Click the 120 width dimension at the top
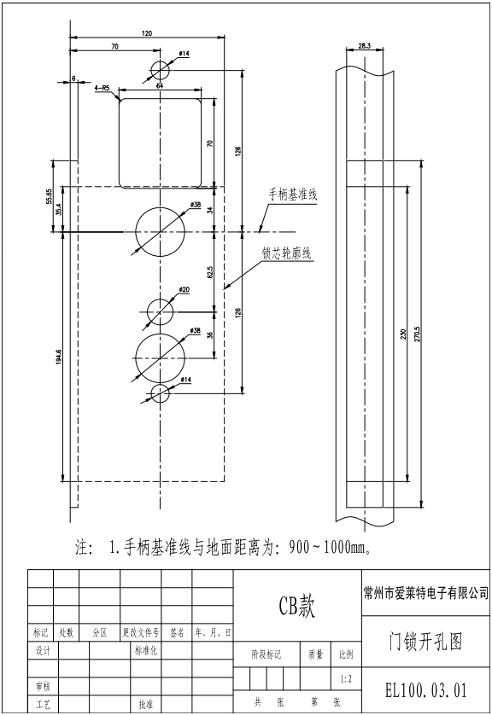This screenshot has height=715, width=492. [x=147, y=33]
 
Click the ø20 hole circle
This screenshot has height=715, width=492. [x=160, y=311]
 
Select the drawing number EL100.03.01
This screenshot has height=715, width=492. [x=425, y=688]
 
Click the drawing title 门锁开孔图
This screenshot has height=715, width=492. [x=425, y=643]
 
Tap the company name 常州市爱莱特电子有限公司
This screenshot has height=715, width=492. [x=425, y=592]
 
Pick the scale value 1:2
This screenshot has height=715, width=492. [x=343, y=679]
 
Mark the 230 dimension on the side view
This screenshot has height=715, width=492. [x=401, y=334]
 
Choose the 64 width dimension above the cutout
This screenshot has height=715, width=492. [x=160, y=85]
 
